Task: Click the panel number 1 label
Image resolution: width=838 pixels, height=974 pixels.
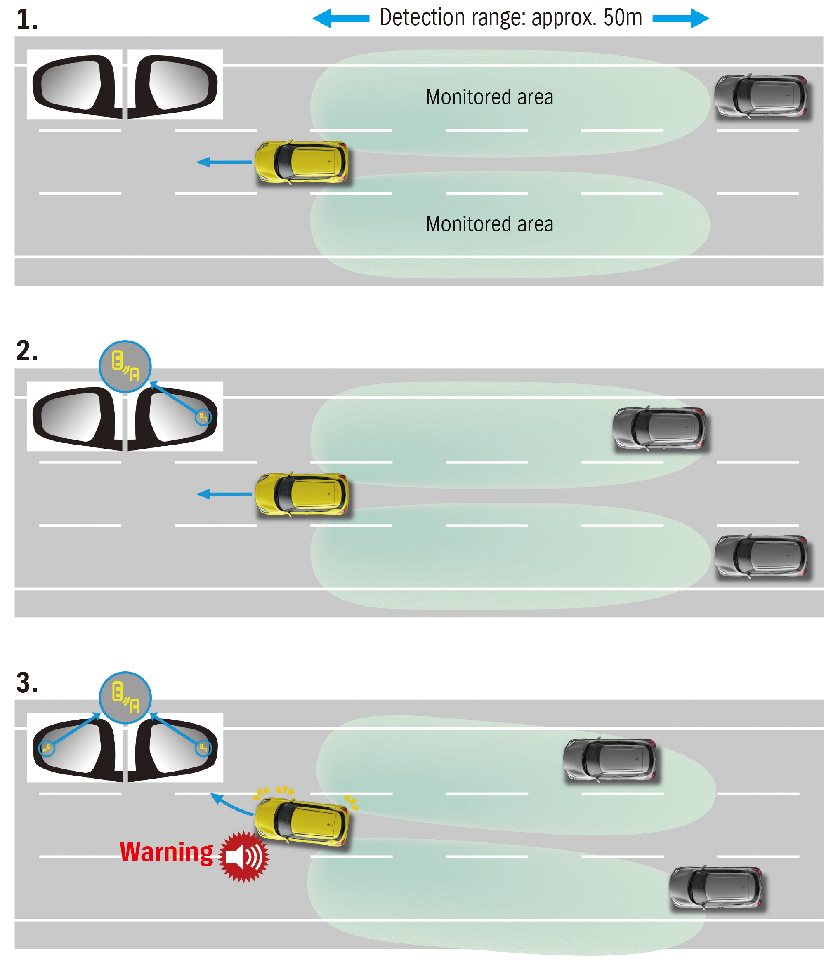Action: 27,20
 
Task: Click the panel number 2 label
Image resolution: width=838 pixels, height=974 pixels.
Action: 27,351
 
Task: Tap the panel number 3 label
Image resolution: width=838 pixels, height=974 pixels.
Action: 27,682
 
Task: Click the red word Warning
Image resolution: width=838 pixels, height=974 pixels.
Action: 166,853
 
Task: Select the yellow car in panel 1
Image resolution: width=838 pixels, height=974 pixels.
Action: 302,162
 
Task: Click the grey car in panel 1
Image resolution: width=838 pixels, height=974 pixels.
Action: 761,96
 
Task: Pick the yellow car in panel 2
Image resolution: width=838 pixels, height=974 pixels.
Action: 302,494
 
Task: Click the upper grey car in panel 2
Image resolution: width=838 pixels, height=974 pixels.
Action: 659,429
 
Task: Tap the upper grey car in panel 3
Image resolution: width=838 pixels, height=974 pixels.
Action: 610,760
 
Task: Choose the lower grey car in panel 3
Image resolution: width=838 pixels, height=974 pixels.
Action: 716,888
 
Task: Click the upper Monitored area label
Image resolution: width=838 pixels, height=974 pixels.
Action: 489,97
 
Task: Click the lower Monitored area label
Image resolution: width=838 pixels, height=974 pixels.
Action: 489,224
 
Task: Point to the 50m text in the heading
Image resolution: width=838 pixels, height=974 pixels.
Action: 623,18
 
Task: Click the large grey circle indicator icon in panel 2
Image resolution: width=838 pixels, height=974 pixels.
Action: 125,367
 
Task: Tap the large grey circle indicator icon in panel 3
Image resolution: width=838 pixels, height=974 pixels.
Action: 125,698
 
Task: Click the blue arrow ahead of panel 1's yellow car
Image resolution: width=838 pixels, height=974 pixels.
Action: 224,162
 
